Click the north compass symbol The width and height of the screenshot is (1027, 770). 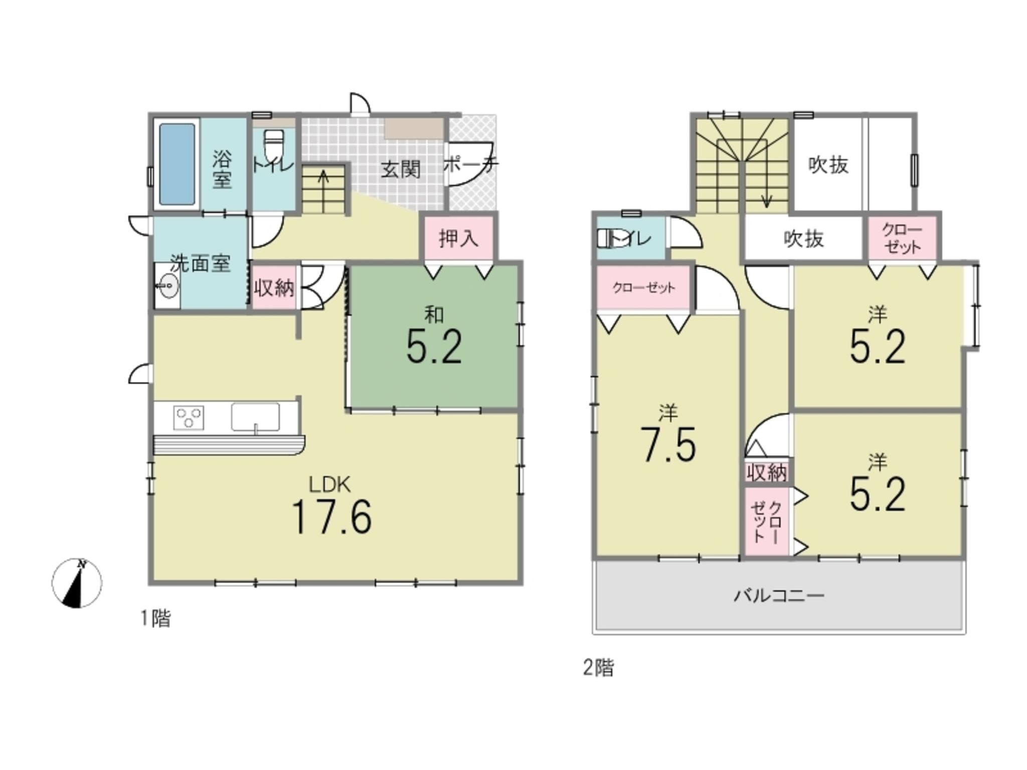pyautogui.click(x=77, y=583)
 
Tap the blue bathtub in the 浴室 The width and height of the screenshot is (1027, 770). pyautogui.click(x=177, y=164)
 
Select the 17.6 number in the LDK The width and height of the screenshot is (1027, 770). pyautogui.click(x=331, y=517)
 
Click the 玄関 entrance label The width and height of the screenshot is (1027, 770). pyautogui.click(x=400, y=169)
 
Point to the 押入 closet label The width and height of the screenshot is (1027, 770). pyautogui.click(x=459, y=239)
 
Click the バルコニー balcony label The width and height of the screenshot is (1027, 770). pyautogui.click(x=779, y=596)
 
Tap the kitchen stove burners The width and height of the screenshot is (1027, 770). pyautogui.click(x=189, y=417)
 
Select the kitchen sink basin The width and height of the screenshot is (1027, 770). pyautogui.click(x=255, y=417)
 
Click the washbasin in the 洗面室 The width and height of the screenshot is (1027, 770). pyautogui.click(x=167, y=286)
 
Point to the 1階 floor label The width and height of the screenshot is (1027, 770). pyautogui.click(x=155, y=619)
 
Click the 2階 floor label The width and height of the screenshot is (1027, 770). pyautogui.click(x=598, y=668)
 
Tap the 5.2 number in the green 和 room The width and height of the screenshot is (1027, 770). pyautogui.click(x=434, y=347)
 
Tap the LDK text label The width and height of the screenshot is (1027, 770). pyautogui.click(x=329, y=485)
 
